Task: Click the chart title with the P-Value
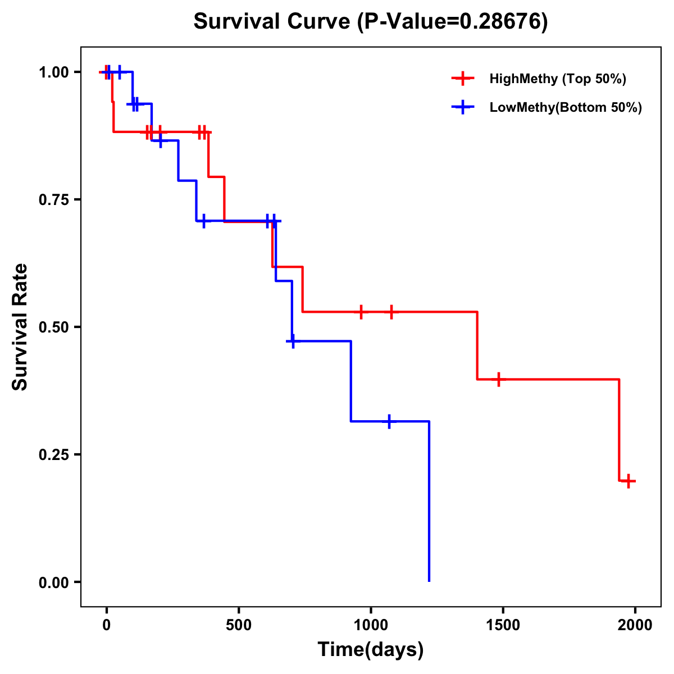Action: click(371, 21)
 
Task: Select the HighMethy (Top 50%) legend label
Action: click(557, 79)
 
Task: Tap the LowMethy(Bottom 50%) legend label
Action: click(566, 107)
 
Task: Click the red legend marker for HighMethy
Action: click(462, 79)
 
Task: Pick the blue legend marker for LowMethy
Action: click(462, 107)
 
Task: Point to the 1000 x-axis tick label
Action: click(371, 625)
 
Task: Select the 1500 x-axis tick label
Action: click(503, 625)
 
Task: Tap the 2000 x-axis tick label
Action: click(635, 625)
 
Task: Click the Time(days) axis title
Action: click(371, 650)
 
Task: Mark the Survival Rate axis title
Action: click(20, 327)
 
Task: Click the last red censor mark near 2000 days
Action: click(629, 481)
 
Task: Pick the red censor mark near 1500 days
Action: click(498, 379)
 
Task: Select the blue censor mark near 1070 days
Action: click(389, 421)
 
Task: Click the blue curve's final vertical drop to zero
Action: click(429, 505)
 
